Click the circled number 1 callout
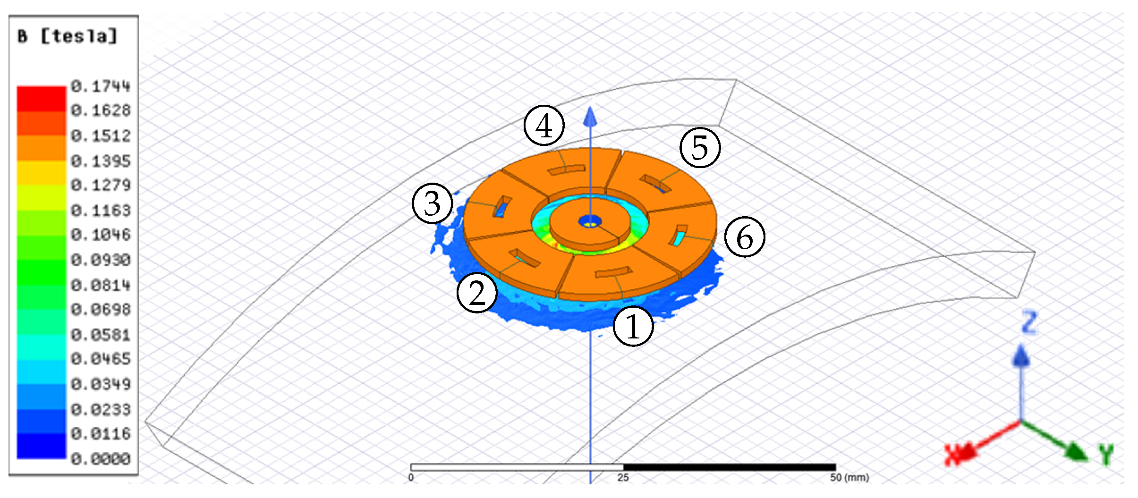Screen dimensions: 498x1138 click(x=633, y=326)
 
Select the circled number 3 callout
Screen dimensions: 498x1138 click(x=433, y=203)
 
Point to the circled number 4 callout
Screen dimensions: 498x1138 click(x=544, y=126)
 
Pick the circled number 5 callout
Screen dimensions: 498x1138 click(x=700, y=147)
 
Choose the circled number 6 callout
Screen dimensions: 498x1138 click(x=745, y=236)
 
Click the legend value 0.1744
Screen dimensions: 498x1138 click(x=101, y=86)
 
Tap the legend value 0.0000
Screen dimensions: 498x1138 click(x=101, y=459)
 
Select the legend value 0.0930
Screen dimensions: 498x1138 click(x=101, y=260)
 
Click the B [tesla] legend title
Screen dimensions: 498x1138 click(x=67, y=36)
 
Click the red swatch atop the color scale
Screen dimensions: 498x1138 click(x=42, y=98)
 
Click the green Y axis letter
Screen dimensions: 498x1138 click(x=1106, y=455)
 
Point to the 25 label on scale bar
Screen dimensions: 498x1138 click(x=623, y=478)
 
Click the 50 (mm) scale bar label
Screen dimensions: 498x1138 click(x=849, y=478)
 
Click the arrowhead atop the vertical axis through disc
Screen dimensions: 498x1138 click(x=590, y=117)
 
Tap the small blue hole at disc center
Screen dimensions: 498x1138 click(x=590, y=221)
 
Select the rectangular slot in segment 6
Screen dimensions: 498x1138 click(x=679, y=235)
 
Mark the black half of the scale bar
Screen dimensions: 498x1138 click(x=730, y=467)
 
